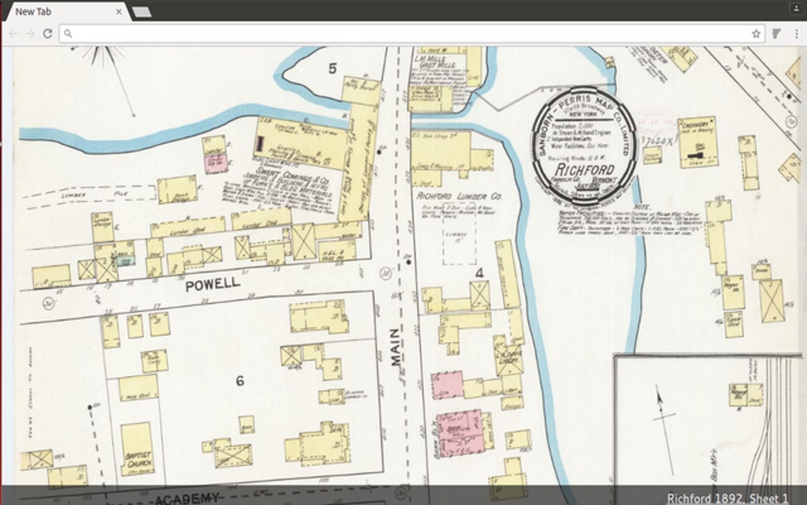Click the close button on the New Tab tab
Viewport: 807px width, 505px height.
(119, 12)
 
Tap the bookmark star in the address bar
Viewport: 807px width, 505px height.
(756, 33)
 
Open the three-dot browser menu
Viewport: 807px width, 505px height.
(794, 33)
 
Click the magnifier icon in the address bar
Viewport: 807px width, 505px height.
(69, 33)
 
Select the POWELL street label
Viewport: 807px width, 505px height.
(211, 287)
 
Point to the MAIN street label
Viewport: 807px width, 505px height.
(396, 348)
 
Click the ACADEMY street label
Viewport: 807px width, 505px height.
(186, 498)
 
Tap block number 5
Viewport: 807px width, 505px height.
(332, 69)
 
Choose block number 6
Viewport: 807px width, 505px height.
(239, 381)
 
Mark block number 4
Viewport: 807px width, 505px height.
(479, 273)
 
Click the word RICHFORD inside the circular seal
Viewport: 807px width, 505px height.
(584, 170)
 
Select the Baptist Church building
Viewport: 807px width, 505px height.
(137, 449)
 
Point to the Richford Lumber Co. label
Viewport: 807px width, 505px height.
(460, 195)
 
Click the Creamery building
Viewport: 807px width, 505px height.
(696, 141)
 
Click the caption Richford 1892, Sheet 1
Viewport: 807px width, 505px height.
(727, 497)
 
